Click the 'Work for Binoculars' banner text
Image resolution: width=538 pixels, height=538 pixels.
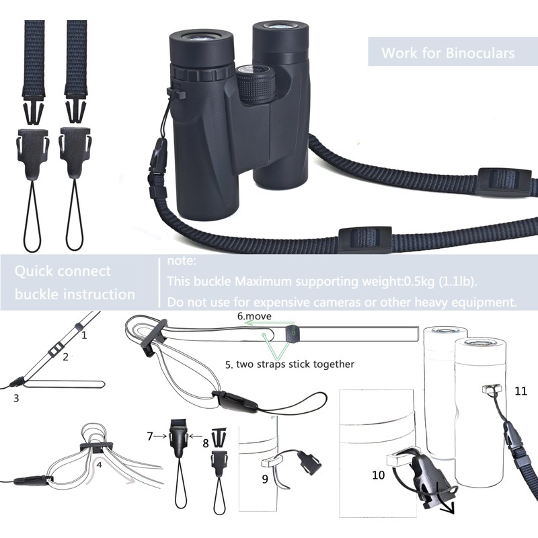448,52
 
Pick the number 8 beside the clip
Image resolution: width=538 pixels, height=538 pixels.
206,443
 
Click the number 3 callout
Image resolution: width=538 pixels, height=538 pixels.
15,397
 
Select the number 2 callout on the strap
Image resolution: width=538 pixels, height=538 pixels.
65,357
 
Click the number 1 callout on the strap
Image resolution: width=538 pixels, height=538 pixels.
84,334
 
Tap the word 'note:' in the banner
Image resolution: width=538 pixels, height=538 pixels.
181,260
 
